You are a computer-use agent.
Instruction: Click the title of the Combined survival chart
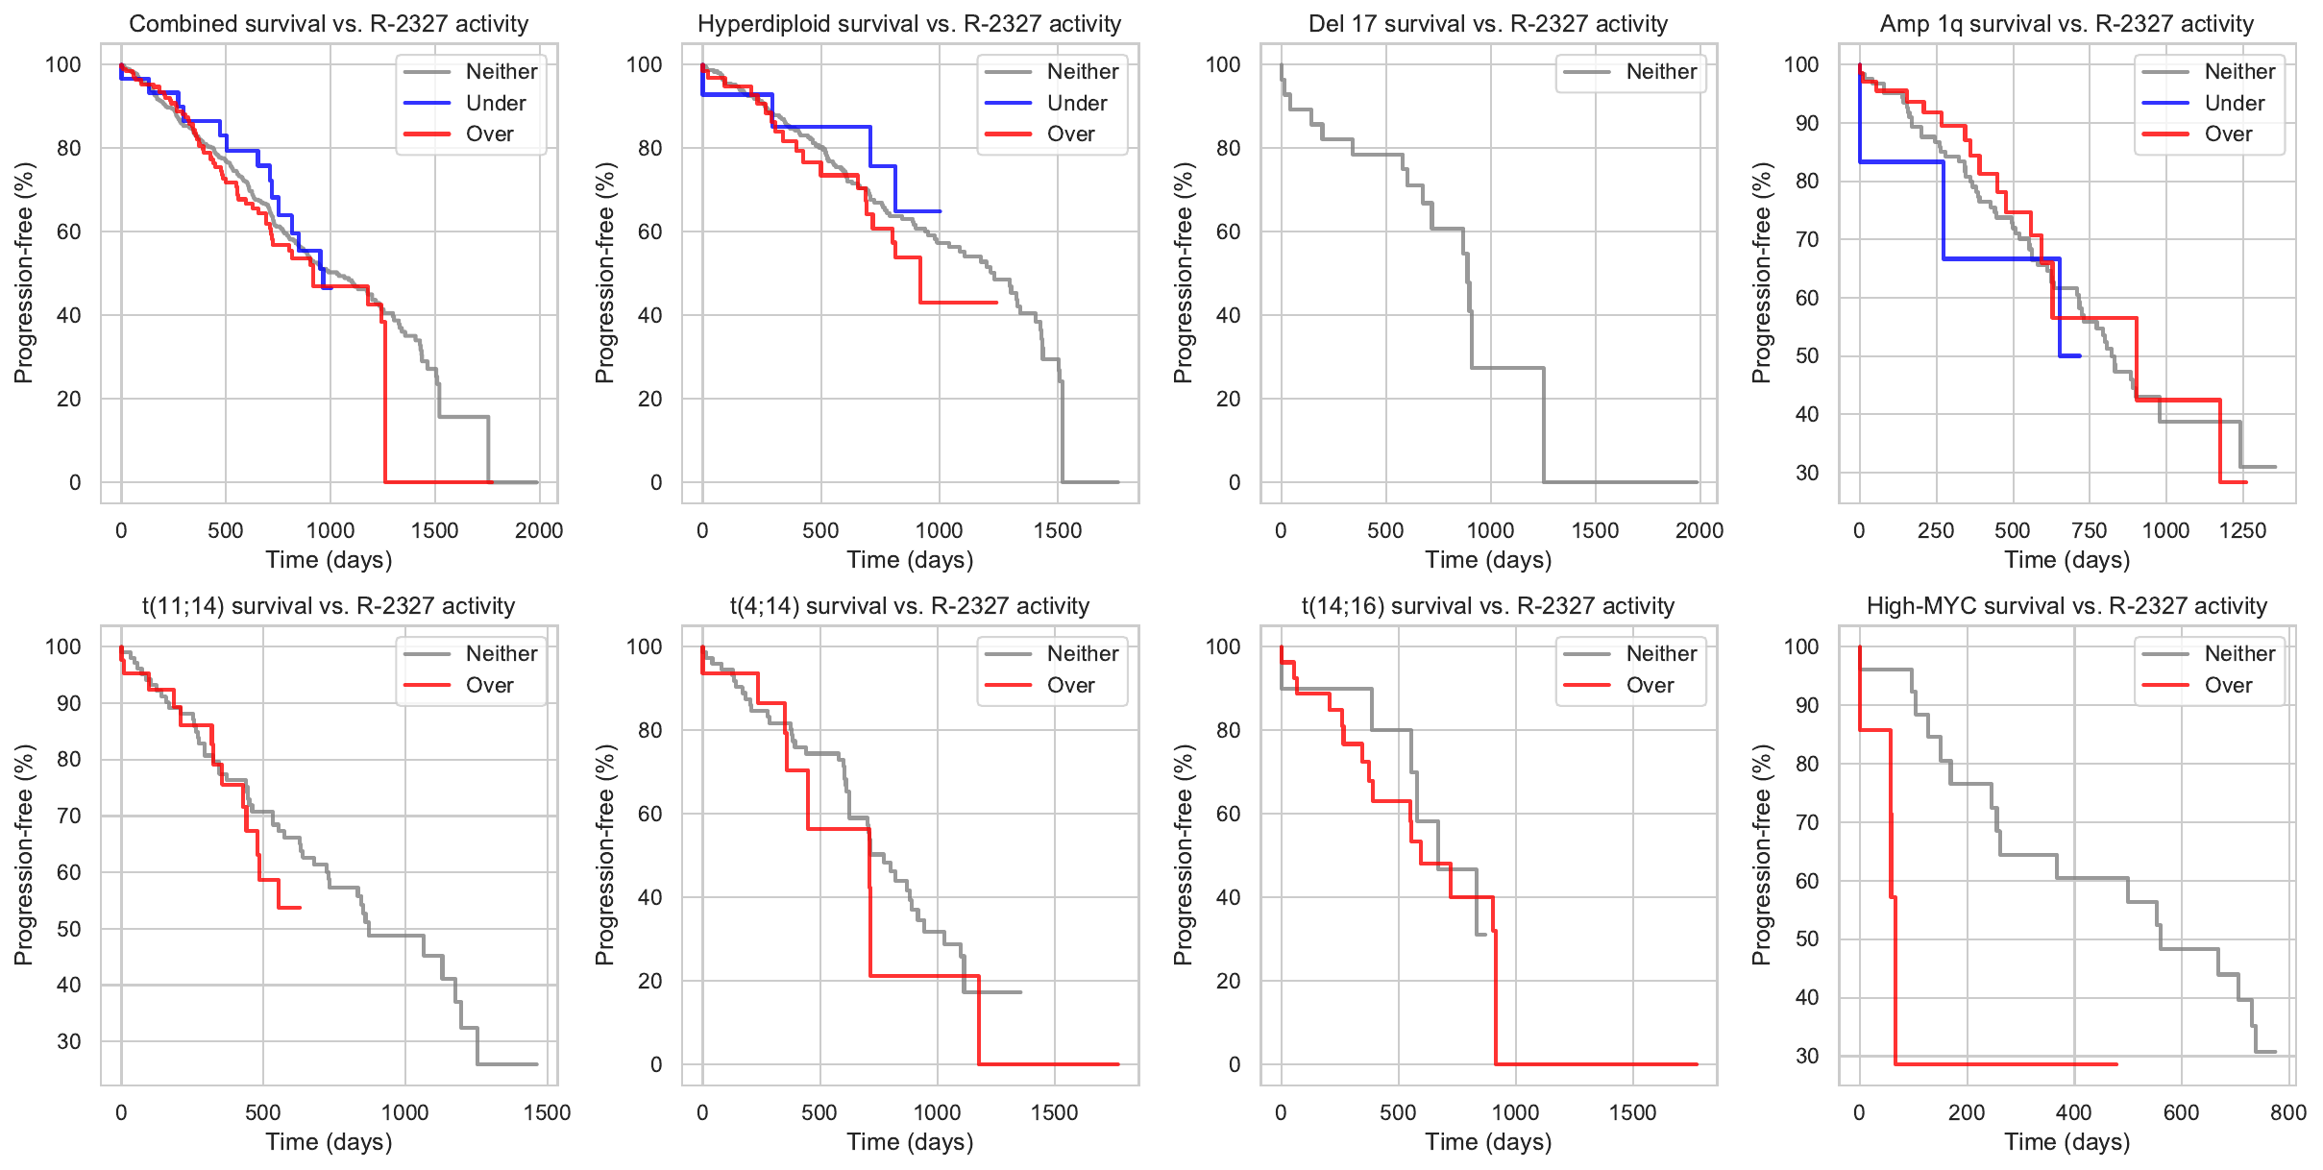(329, 24)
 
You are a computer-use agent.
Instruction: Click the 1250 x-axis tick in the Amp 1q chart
(2242, 530)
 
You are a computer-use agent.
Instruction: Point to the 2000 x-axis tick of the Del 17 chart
(1699, 530)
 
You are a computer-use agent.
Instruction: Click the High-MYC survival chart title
(2066, 606)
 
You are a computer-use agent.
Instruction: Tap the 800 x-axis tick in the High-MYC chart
(2288, 1112)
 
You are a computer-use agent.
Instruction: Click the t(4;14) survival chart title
(909, 606)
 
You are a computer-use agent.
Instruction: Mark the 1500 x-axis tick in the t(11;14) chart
(547, 1112)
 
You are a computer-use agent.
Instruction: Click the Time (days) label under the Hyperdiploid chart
(909, 560)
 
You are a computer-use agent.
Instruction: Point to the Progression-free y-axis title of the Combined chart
(24, 273)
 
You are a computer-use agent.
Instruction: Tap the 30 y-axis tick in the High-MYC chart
(1807, 1056)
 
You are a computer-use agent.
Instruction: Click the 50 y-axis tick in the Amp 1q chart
(1807, 355)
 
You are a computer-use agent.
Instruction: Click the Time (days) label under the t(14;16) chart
(1488, 1142)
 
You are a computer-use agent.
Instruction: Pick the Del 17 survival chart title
(1488, 24)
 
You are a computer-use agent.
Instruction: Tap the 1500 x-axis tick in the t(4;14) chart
(1054, 1112)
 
